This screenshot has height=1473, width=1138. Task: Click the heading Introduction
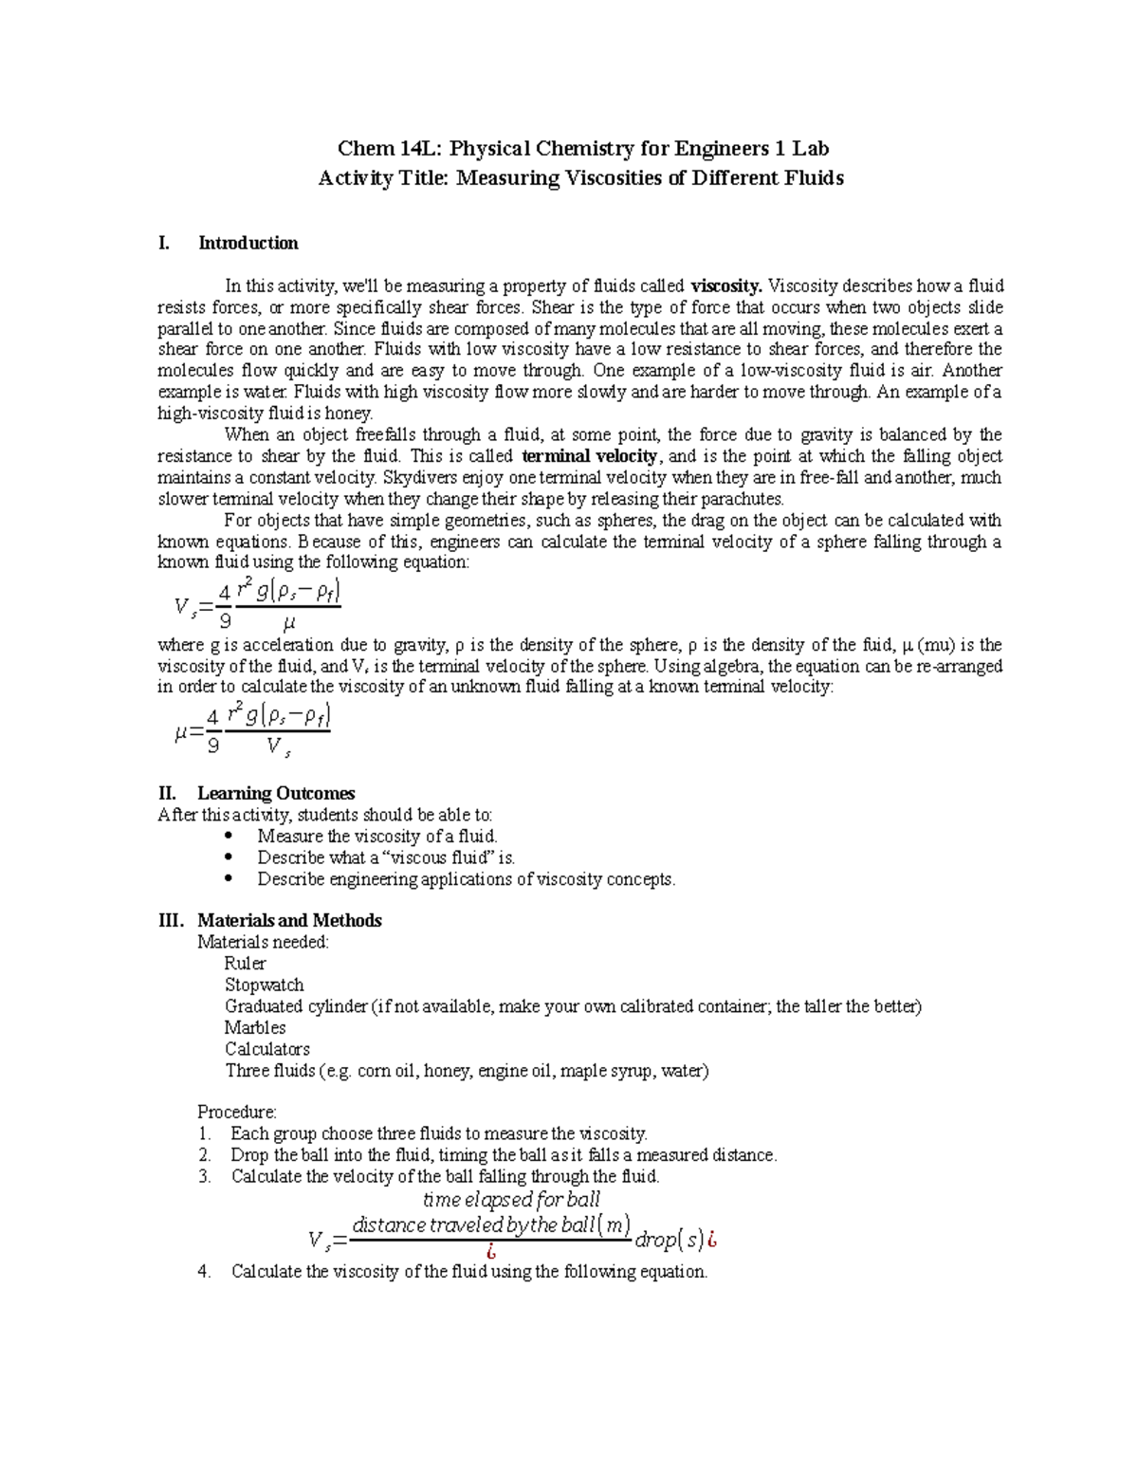click(248, 244)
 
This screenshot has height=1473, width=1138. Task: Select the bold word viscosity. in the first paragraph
click(725, 286)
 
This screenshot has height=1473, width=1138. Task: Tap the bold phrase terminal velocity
click(589, 456)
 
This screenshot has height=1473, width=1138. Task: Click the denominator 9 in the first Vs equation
click(225, 621)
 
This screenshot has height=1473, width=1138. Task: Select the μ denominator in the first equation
click(289, 623)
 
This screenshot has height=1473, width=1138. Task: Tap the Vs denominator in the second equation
click(278, 747)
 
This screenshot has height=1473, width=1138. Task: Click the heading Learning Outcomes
click(276, 793)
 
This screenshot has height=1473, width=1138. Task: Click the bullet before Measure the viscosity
click(227, 837)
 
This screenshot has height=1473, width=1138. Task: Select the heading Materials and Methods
click(289, 921)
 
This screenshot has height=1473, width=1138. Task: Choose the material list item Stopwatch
click(264, 985)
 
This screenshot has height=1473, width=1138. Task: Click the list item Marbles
click(254, 1028)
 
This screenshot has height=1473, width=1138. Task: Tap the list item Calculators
click(266, 1049)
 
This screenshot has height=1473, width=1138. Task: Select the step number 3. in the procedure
click(204, 1177)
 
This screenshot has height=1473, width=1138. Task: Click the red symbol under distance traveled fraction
click(490, 1251)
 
